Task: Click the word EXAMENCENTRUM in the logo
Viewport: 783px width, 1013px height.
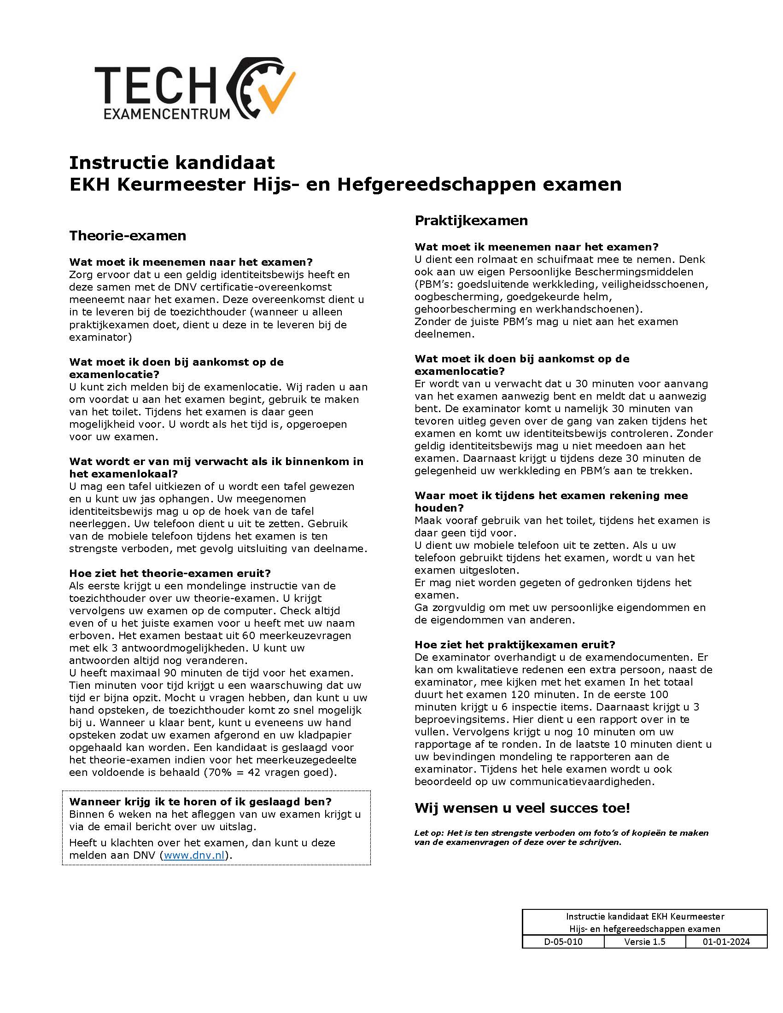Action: coord(167,114)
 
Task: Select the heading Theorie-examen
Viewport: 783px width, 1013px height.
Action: coord(128,236)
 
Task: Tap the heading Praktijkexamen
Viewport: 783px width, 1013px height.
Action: coord(471,220)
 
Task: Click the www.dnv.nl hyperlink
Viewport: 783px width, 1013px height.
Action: coord(194,856)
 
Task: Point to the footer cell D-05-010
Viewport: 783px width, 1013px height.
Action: coord(563,942)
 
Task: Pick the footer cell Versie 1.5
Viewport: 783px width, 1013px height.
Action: coord(644,942)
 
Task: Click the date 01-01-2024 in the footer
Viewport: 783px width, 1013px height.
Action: coord(726,942)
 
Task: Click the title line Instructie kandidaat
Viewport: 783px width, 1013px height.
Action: coord(172,163)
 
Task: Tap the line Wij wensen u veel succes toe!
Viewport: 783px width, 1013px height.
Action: coord(522,808)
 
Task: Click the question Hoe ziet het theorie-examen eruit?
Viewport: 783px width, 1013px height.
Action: coord(170,573)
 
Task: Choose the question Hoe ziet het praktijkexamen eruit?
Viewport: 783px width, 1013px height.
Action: coord(514,645)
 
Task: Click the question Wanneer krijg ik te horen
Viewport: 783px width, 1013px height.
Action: coord(200,802)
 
